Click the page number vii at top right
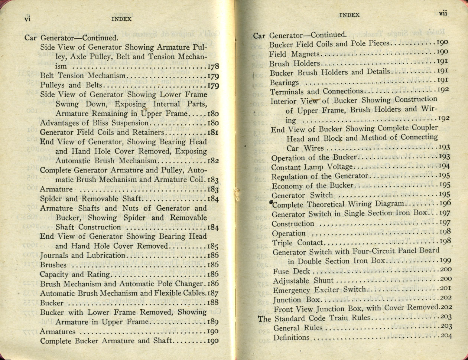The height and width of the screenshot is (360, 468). (443, 13)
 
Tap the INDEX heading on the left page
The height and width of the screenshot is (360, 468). (121, 19)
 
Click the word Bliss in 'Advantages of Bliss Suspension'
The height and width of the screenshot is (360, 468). (109, 123)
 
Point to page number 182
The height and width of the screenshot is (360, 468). (213, 161)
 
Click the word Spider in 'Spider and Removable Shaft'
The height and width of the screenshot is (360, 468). (51, 199)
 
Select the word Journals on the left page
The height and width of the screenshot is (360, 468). (54, 255)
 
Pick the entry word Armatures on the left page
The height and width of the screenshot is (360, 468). (57, 331)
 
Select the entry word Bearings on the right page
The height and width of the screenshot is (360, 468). (284, 82)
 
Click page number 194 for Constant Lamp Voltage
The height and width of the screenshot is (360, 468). (444, 166)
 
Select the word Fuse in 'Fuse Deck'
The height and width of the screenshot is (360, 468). (280, 271)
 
